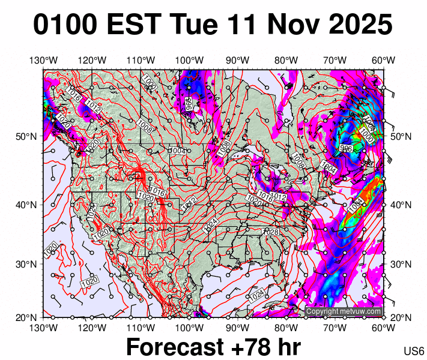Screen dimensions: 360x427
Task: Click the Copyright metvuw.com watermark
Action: click(344, 311)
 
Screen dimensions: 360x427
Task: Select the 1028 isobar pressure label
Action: click(271, 232)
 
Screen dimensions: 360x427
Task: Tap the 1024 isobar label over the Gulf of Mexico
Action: click(257, 295)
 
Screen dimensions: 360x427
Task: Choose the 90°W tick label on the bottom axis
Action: click(238, 328)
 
